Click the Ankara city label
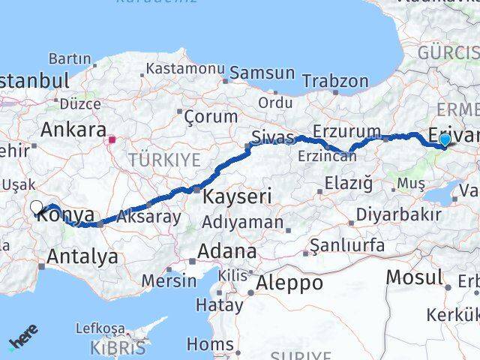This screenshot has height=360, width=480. click(x=73, y=130)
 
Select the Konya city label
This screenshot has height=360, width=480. click(x=66, y=215)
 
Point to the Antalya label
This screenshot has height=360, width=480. click(x=82, y=256)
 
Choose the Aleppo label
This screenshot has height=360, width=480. click(x=289, y=283)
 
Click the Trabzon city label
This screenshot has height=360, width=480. click(x=341, y=81)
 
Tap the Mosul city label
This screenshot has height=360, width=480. click(x=415, y=277)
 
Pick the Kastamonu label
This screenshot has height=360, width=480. click(x=185, y=68)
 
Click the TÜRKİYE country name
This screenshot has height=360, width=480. click(x=164, y=159)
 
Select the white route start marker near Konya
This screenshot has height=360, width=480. click(x=37, y=207)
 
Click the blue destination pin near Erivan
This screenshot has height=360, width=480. click(x=445, y=139)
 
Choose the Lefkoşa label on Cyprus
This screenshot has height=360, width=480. click(x=100, y=328)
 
